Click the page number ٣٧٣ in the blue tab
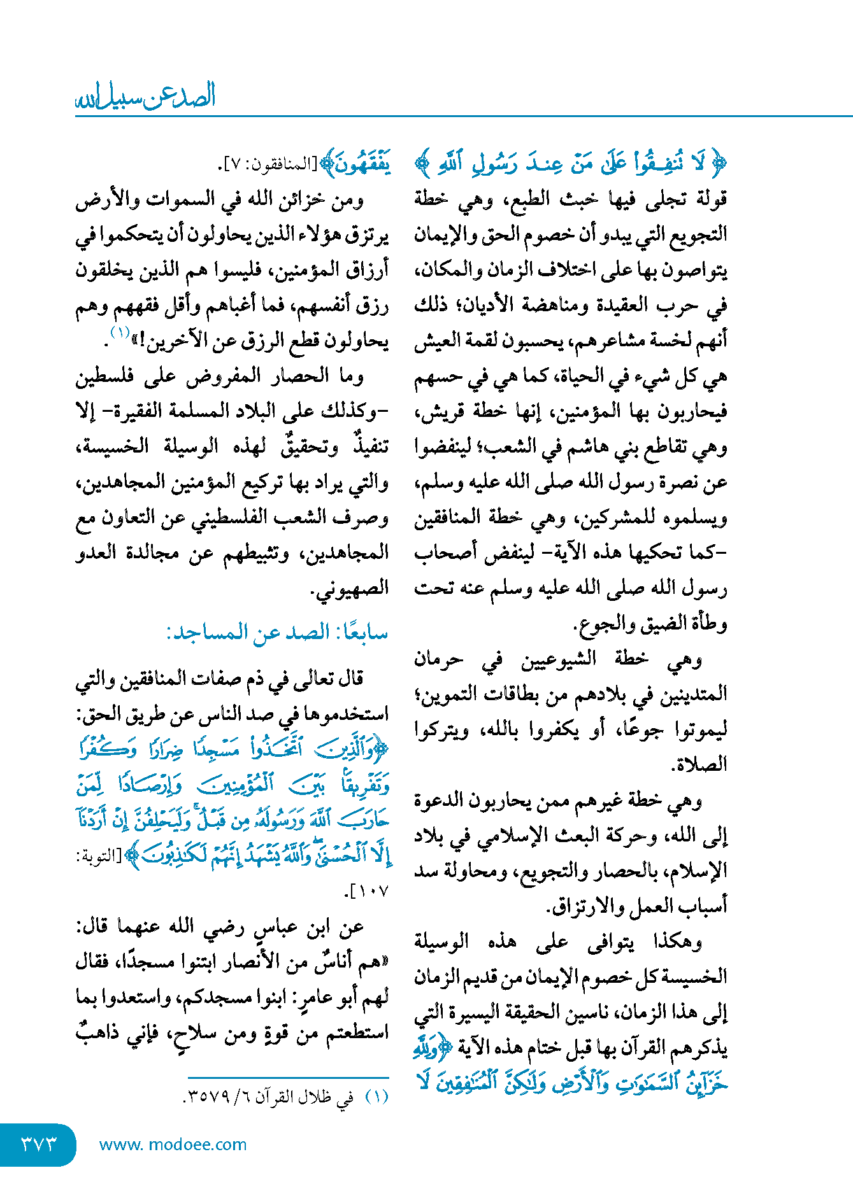39,1144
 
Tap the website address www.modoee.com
173,1144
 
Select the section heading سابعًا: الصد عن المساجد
277,633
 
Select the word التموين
443,694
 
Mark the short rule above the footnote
288,1078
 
